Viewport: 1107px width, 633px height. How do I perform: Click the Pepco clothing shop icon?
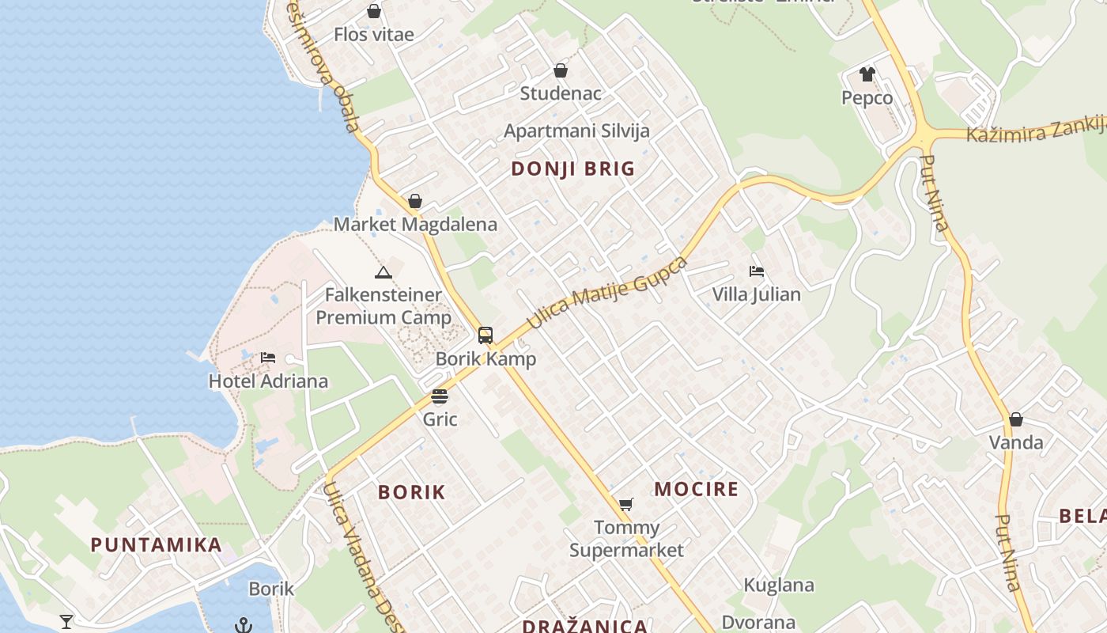(867, 74)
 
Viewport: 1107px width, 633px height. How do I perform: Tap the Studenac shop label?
(561, 93)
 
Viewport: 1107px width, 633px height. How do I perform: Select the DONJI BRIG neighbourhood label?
(573, 169)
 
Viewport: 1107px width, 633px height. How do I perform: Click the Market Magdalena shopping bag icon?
(415, 201)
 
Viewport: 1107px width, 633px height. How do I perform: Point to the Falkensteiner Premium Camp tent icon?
(383, 273)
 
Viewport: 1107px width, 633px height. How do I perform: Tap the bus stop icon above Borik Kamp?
(485, 335)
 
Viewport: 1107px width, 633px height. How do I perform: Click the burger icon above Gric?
(440, 396)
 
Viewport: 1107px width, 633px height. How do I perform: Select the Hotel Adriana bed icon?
(268, 358)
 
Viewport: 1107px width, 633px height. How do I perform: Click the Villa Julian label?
(756, 295)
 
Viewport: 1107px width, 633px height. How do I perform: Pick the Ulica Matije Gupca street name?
(606, 294)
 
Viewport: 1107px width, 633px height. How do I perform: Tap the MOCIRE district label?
(696, 489)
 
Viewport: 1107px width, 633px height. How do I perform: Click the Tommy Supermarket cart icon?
(626, 504)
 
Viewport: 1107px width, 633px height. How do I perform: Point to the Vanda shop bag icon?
(1016, 419)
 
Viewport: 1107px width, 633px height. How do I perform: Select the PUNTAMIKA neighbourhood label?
(156, 545)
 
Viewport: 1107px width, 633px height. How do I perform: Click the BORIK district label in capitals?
(412, 492)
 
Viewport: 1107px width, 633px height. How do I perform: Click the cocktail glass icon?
(66, 621)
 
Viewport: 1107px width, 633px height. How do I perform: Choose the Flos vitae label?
(374, 35)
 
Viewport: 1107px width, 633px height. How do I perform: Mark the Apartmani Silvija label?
(576, 131)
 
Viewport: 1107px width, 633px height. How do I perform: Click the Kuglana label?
(779, 586)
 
